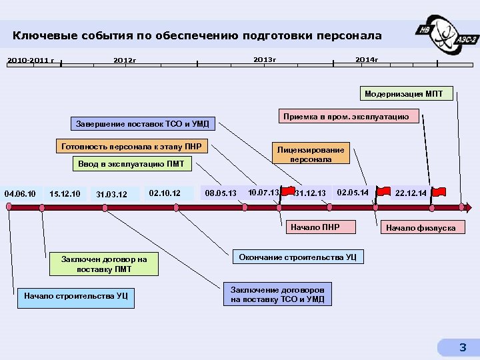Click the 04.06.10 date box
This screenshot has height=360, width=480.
[x=21, y=193]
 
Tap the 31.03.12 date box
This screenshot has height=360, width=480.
[x=111, y=195]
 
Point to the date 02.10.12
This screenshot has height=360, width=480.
[x=165, y=193]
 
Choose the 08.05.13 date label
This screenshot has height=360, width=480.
[x=221, y=193]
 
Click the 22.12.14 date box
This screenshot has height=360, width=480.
[x=410, y=193]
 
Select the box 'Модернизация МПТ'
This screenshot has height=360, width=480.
[x=408, y=94]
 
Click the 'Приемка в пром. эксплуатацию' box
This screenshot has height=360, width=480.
[x=346, y=117]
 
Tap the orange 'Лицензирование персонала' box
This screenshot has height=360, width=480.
[x=311, y=155]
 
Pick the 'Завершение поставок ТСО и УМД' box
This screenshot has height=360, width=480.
[x=143, y=123]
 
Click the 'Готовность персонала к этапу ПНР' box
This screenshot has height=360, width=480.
[x=131, y=147]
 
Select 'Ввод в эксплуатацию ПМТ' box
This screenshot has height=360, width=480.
[x=131, y=164]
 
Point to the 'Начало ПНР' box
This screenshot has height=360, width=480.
[x=315, y=228]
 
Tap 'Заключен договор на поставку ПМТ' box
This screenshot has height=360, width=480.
[x=104, y=264]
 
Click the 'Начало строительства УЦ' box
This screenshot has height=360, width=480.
[x=76, y=296]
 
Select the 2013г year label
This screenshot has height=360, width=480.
[x=265, y=60]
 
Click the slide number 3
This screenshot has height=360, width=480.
[x=463, y=347]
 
